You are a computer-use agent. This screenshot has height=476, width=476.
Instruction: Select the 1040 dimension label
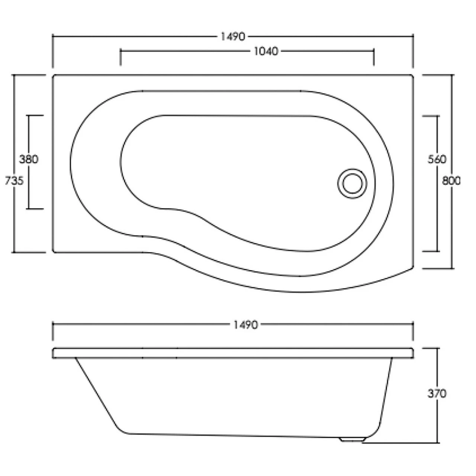tap(266, 51)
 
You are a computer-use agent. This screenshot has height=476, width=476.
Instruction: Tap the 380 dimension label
tap(29, 159)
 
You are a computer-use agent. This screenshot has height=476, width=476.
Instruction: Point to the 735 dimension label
tap(14, 180)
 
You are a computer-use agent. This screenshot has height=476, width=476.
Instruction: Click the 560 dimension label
tap(437, 159)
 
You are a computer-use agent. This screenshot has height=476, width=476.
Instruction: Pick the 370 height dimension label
tap(437, 393)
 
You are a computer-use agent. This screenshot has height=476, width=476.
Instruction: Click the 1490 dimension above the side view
tap(245, 325)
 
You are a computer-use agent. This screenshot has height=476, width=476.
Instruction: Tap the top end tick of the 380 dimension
tap(36, 115)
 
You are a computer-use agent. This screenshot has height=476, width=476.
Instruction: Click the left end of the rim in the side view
tap(54, 353)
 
